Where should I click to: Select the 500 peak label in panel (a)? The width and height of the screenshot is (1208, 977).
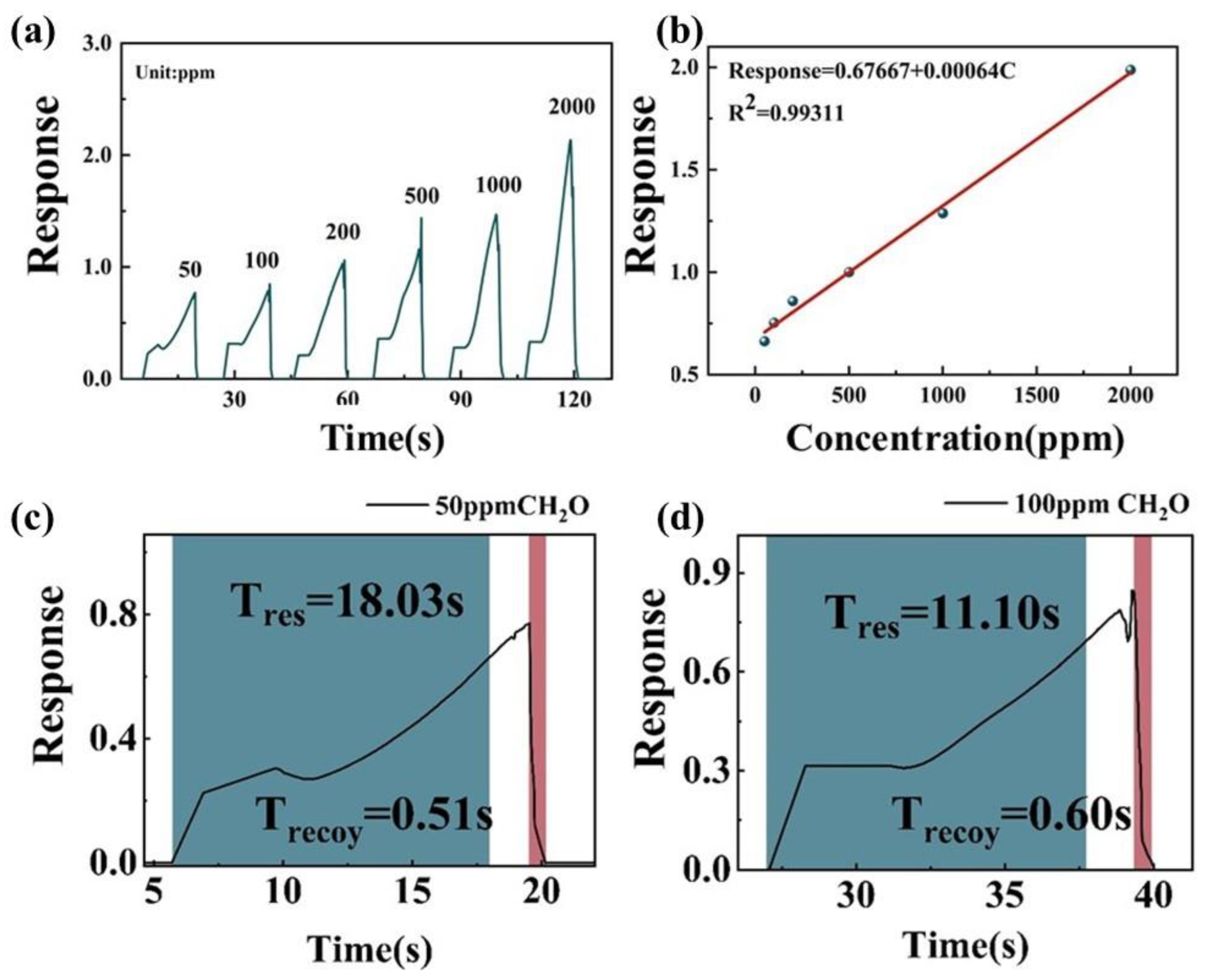point(421,196)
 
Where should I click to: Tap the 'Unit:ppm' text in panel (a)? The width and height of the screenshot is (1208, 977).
point(175,73)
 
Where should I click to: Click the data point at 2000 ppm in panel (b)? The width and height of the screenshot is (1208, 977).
point(1130,70)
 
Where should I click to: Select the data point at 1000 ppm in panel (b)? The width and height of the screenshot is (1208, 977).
point(942,213)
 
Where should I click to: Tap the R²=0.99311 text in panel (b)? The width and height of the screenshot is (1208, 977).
point(787,112)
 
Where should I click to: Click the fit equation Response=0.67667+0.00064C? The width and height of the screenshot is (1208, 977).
point(872,71)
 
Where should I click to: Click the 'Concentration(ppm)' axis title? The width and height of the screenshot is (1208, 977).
point(955,439)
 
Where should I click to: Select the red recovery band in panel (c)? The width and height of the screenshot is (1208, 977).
point(537,698)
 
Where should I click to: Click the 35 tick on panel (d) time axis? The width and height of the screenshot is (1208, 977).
point(1006,896)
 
